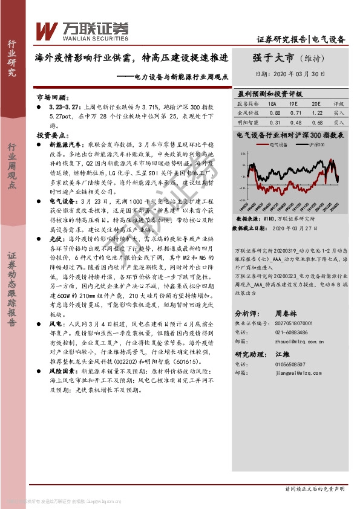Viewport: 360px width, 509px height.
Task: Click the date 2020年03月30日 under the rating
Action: point(298,74)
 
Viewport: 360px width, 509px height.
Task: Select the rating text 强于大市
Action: point(273,58)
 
